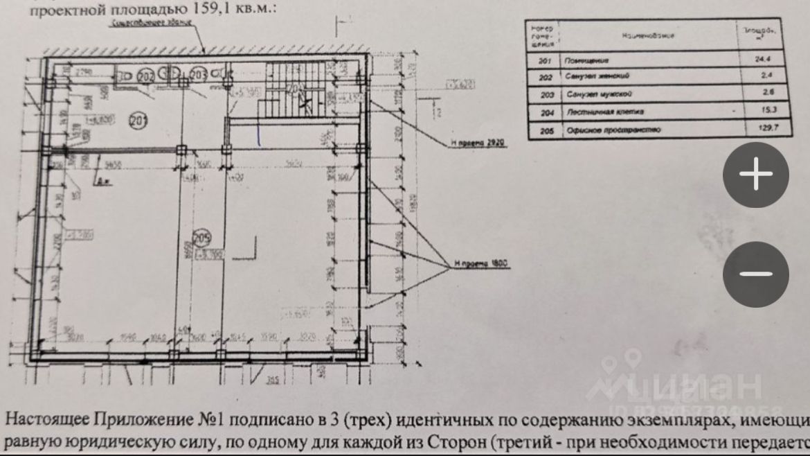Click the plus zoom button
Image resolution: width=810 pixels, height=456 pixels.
(756, 175)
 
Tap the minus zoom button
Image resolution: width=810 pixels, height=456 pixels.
(756, 274)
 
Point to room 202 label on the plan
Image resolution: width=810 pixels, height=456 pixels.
(145, 75)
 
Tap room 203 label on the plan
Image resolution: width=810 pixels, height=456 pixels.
(198, 74)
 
